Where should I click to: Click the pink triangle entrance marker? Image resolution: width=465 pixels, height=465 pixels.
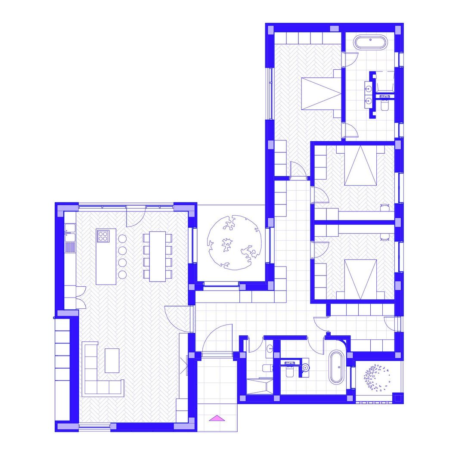(217, 418)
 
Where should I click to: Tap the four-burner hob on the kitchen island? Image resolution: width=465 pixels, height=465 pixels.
(103, 236)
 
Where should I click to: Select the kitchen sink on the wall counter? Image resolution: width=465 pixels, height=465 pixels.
(70, 228)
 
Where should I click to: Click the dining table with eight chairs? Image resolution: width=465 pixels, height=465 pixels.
(157, 256)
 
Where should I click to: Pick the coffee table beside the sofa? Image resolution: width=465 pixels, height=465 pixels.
(112, 360)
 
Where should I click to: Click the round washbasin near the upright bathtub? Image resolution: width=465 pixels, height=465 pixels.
(306, 367)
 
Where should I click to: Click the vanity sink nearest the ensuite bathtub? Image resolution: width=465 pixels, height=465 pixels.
(369, 89)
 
